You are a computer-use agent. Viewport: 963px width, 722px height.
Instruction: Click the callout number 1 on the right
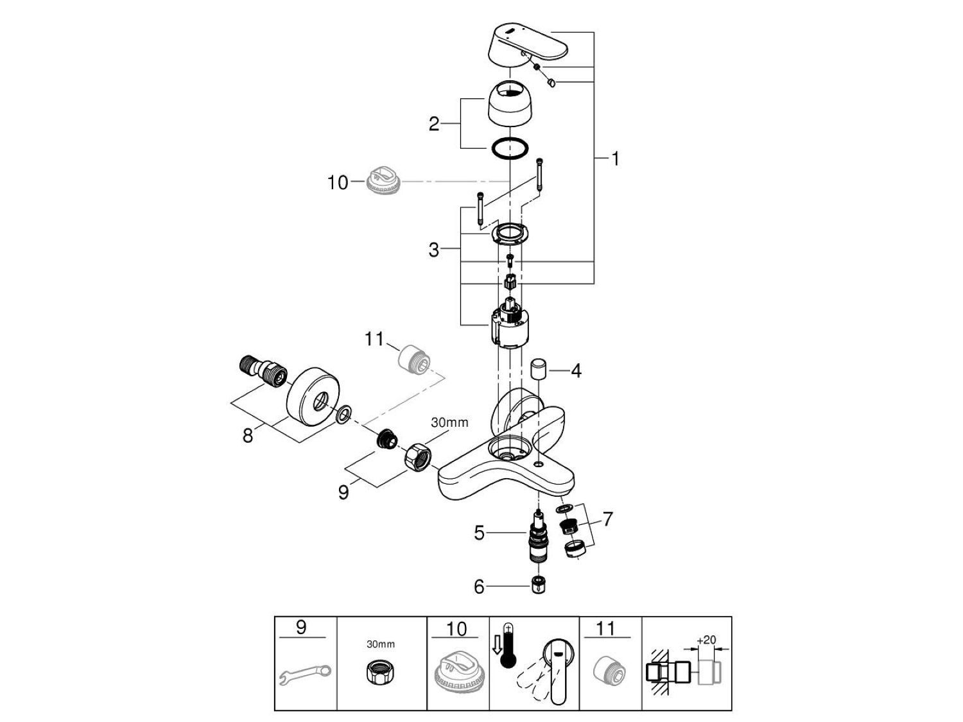point(615,159)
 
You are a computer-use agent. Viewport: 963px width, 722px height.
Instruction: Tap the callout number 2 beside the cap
point(434,124)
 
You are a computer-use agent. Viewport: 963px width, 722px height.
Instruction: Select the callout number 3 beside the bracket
point(434,250)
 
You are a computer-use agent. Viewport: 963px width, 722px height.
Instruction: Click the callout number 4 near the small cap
point(576,370)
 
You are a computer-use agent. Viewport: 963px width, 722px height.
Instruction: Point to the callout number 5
point(479,533)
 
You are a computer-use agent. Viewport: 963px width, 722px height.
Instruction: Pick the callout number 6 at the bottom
point(479,586)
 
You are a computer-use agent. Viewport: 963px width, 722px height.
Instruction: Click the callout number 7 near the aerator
point(607,519)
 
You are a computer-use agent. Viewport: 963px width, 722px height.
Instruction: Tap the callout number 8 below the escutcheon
point(248,436)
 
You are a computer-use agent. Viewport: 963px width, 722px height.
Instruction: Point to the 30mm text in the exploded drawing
point(449,422)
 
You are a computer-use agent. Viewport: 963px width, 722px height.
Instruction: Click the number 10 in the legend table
point(456,628)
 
